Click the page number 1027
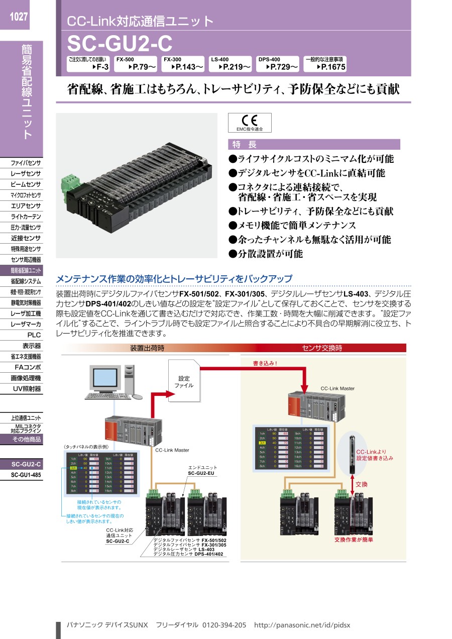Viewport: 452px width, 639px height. pyautogui.click(x=18, y=17)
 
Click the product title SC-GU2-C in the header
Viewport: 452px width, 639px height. pyautogui.click(x=120, y=45)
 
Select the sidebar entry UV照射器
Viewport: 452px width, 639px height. pyautogui.click(x=27, y=389)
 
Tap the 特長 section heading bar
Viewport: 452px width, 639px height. pyautogui.click(x=314, y=145)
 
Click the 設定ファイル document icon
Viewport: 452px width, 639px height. pyautogui.click(x=184, y=381)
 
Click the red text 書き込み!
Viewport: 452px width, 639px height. pyautogui.click(x=265, y=362)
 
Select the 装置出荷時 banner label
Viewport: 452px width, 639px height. pyautogui.click(x=147, y=348)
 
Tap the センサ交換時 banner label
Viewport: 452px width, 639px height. pyautogui.click(x=322, y=348)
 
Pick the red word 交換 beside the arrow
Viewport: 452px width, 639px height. pyautogui.click(x=362, y=484)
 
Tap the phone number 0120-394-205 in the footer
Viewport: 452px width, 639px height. pyautogui.click(x=224, y=625)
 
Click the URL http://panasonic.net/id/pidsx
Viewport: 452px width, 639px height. pyautogui.click(x=302, y=625)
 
